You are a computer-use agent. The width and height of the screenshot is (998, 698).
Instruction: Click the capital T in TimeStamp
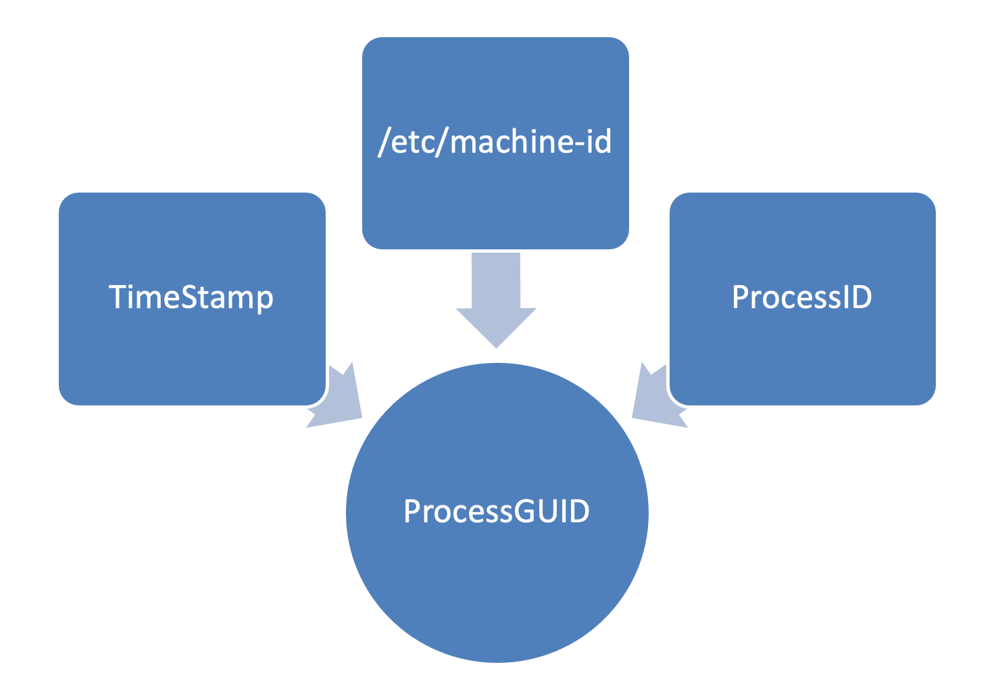[x=118, y=297]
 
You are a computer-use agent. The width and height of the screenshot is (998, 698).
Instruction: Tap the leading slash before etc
[x=384, y=143]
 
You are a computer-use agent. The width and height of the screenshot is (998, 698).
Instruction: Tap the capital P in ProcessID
[x=740, y=297]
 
